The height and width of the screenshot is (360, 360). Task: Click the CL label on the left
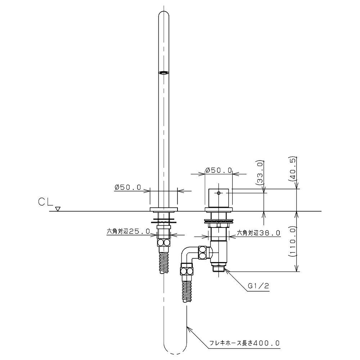[x=46, y=202]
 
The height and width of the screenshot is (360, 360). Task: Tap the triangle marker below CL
[x=58, y=209]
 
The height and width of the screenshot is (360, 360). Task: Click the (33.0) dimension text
[x=260, y=172]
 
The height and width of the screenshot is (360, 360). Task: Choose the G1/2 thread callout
[x=258, y=286]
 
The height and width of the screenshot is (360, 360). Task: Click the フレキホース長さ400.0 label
[x=244, y=343]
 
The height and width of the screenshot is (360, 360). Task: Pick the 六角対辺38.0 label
[x=258, y=233]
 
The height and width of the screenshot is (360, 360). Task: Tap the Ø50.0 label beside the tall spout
[x=128, y=187]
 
